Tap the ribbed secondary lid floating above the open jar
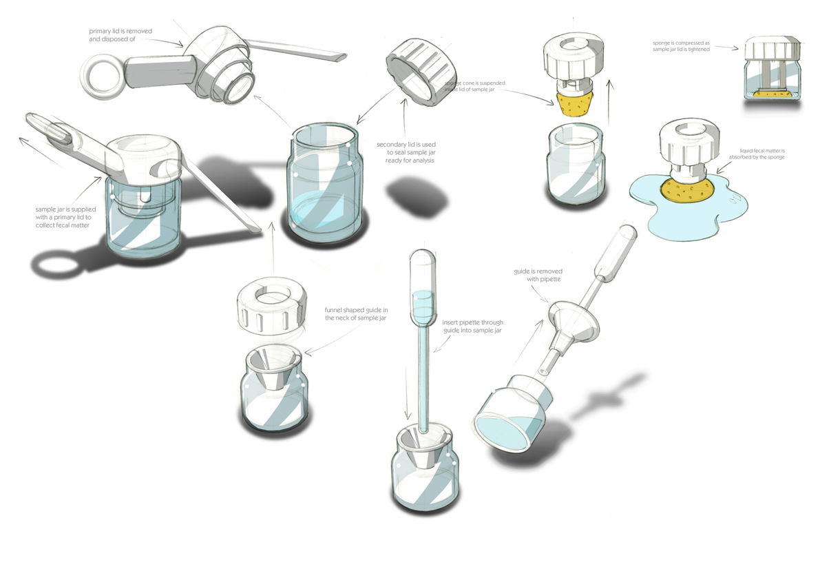420,72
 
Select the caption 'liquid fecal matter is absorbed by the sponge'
761,154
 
